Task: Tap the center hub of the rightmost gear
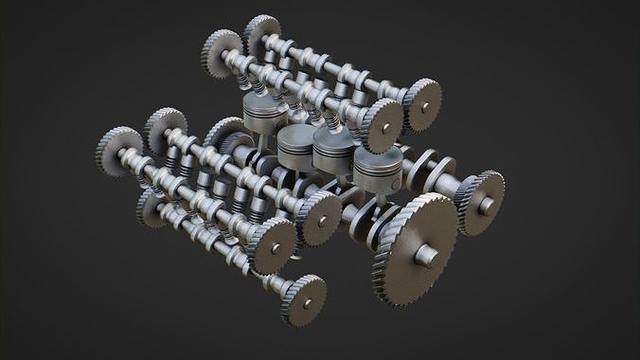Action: tap(484, 202)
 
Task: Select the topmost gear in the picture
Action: tap(261, 34)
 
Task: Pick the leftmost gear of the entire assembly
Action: tap(118, 151)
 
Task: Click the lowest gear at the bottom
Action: tap(304, 298)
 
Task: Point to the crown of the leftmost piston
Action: tap(264, 112)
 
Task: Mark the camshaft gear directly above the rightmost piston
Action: tap(382, 121)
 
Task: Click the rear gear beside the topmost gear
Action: tap(223, 53)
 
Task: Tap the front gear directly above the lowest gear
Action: tap(272, 244)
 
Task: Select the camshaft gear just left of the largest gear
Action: tap(320, 218)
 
